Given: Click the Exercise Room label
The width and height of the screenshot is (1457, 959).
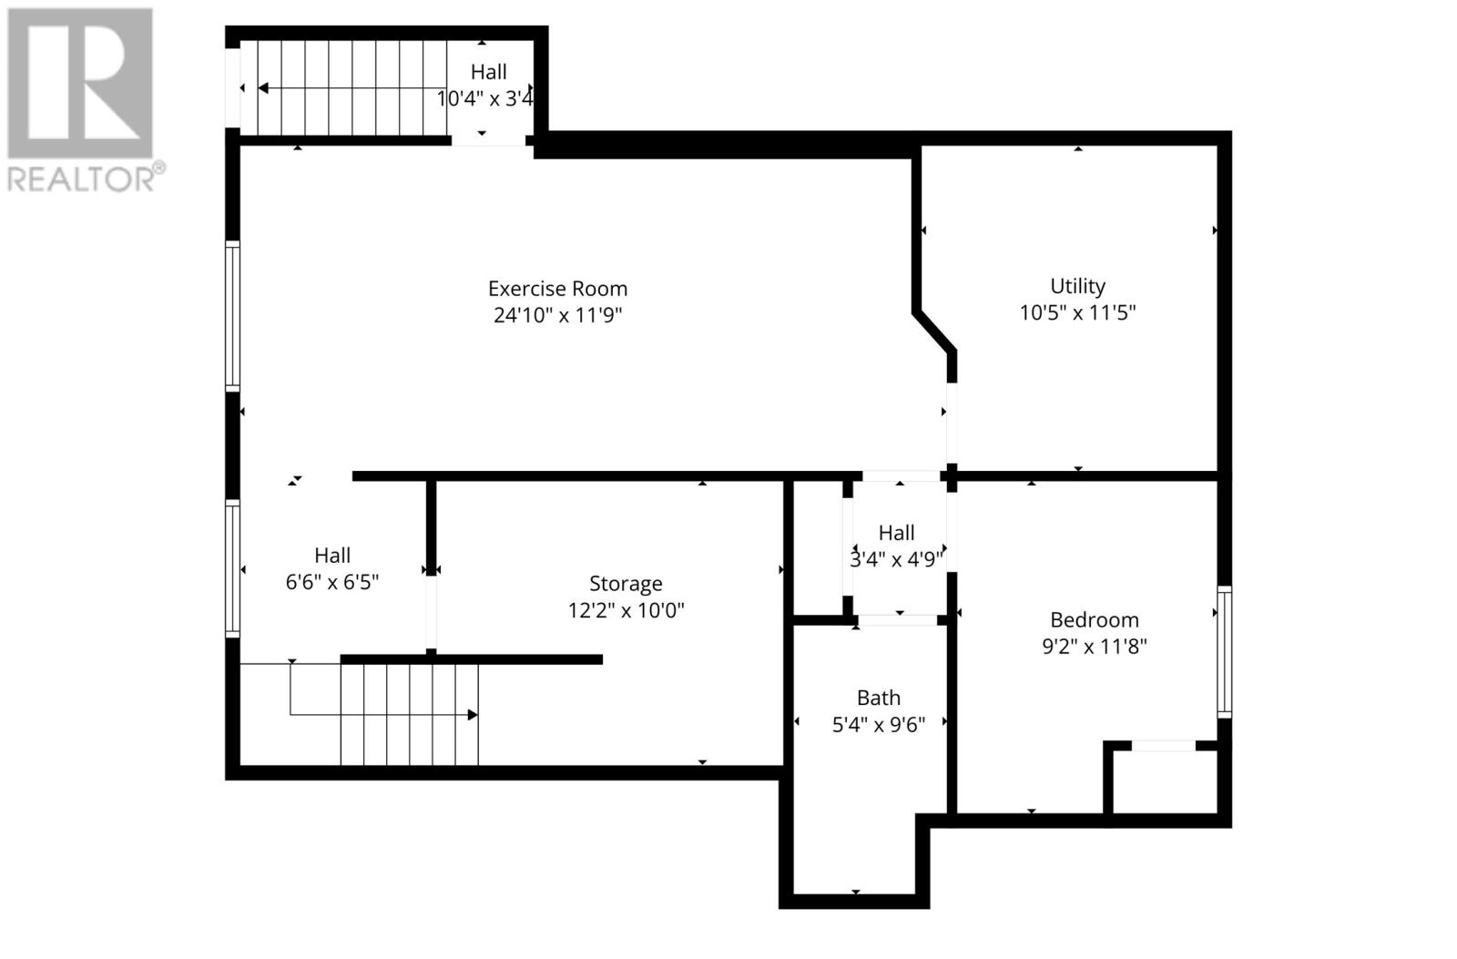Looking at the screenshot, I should [557, 289].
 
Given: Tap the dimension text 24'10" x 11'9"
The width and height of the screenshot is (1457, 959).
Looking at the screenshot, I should [557, 315].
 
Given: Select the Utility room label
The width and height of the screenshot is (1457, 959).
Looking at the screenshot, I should [1077, 286].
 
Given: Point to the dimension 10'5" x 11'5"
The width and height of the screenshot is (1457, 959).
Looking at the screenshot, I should [1077, 312].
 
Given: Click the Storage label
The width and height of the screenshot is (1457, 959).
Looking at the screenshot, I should [626, 584].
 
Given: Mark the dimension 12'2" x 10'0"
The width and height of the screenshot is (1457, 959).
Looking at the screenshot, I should [626, 610].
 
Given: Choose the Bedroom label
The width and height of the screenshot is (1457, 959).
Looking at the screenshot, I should [1094, 620].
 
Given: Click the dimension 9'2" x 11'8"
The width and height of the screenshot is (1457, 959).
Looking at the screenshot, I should [1094, 647].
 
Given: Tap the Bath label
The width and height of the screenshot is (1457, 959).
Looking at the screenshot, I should [878, 699].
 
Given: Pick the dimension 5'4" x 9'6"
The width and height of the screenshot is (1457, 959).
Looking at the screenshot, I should [878, 725].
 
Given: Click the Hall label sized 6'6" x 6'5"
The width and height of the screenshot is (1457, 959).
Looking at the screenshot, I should [332, 556].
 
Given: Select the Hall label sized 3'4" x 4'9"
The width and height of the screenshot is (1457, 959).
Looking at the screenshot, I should [896, 534].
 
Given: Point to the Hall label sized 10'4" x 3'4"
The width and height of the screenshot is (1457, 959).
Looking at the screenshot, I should [488, 72].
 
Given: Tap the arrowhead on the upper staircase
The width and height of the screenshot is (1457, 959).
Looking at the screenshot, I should [263, 88].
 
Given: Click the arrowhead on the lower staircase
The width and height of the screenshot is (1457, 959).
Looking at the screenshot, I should [472, 715].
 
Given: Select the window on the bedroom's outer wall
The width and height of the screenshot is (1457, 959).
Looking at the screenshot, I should [1225, 652].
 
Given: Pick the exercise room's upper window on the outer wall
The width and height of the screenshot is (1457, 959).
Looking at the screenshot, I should [233, 316].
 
